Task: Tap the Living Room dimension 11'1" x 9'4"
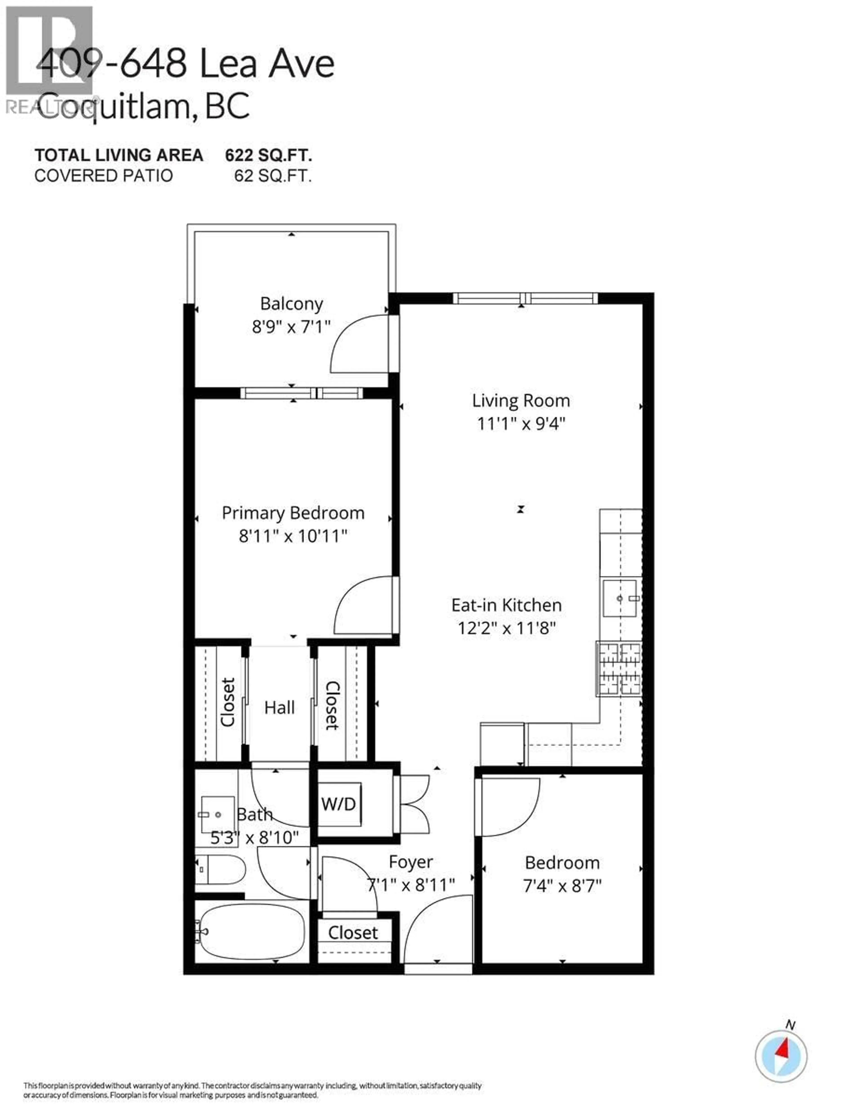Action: [x=521, y=424]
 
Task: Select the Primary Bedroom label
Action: [x=293, y=513]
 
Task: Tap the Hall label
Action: [x=279, y=708]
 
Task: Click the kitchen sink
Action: [x=620, y=598]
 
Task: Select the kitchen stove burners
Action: [x=619, y=669]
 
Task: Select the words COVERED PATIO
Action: [x=103, y=176]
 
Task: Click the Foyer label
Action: [x=410, y=862]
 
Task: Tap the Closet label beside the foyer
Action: [x=352, y=933]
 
